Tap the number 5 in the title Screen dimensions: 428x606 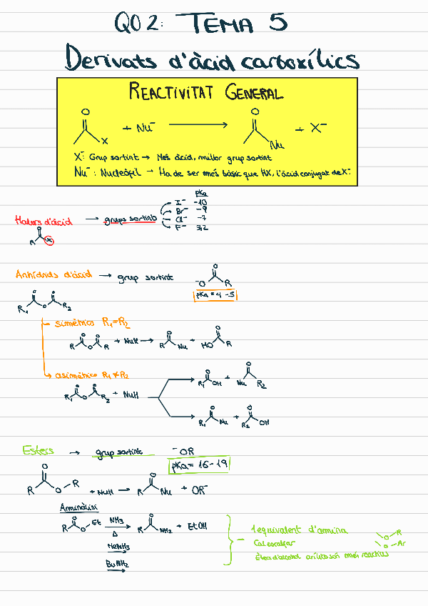click(277, 24)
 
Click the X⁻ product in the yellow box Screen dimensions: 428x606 click(318, 129)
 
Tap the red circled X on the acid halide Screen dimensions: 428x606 click(49, 240)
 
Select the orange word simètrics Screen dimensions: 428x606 click(75, 324)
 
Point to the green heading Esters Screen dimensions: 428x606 click(38, 450)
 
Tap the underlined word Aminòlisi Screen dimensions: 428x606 click(75, 508)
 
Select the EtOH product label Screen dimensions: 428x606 click(197, 527)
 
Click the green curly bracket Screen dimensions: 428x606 click(230, 541)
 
